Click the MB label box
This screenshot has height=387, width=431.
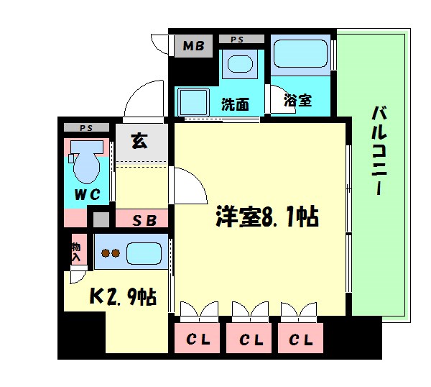(x=193, y=47)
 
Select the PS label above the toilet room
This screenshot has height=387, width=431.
(x=87, y=128)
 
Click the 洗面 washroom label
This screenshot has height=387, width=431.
(x=235, y=103)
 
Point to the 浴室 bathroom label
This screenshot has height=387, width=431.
(x=297, y=100)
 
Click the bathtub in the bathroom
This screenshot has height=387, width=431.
(x=300, y=55)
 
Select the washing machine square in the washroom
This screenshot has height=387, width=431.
(x=193, y=101)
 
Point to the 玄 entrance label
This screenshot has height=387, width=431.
(x=139, y=141)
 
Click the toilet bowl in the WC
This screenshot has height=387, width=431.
(x=86, y=166)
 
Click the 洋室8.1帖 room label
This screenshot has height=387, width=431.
(x=268, y=216)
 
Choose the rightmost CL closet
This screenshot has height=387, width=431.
(x=301, y=339)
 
